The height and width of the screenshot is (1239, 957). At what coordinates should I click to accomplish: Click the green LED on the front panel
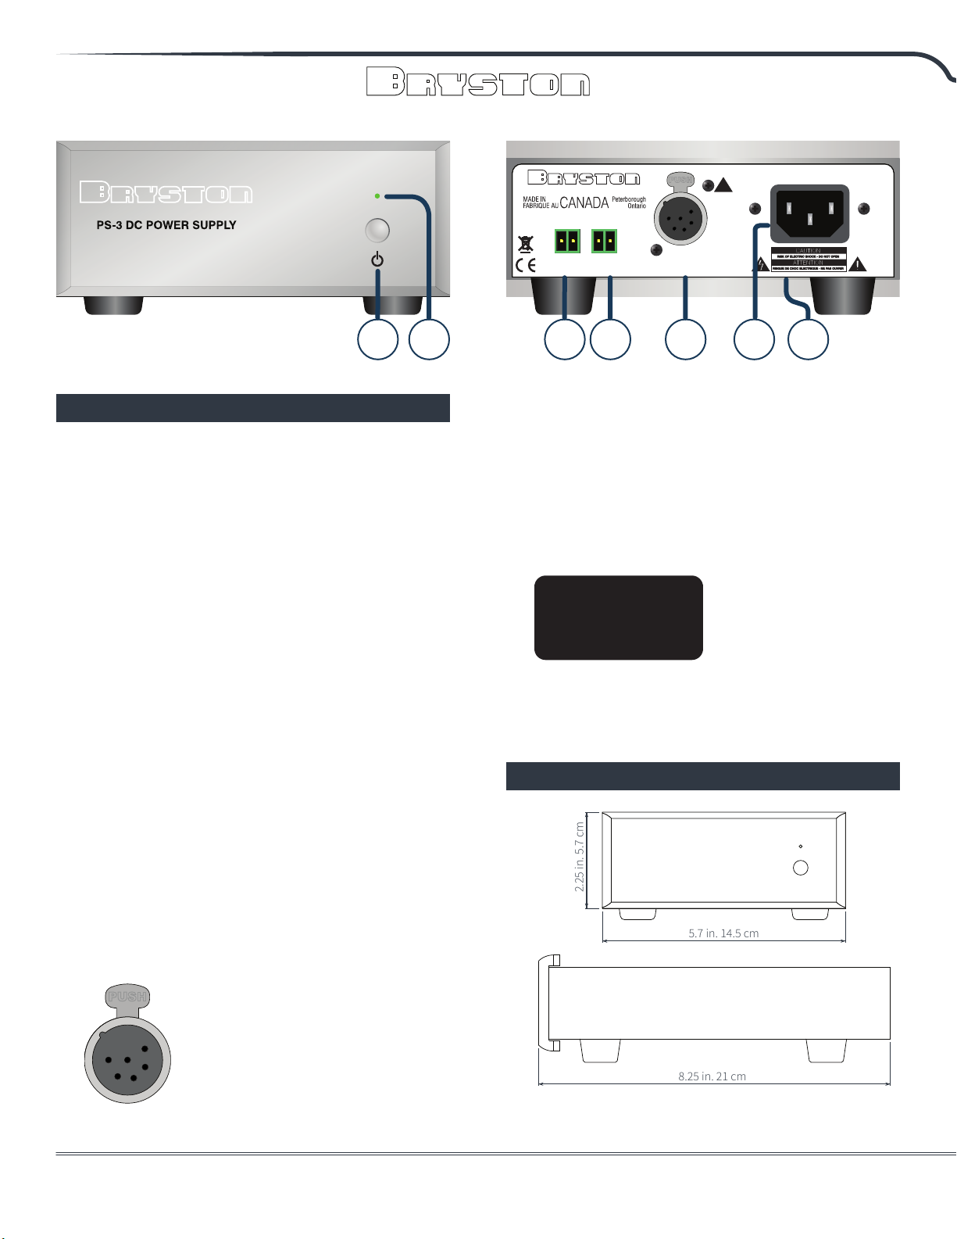[x=377, y=195]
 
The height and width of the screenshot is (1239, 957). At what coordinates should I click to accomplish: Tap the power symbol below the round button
[x=377, y=260]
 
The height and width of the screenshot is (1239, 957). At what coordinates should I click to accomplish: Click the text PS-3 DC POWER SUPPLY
[x=166, y=225]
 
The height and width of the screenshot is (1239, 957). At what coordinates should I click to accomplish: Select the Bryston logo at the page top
[x=478, y=82]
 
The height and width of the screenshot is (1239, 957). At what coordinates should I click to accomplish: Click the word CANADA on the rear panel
[x=584, y=203]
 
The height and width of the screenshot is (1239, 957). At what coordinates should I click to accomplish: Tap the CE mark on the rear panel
[x=526, y=264]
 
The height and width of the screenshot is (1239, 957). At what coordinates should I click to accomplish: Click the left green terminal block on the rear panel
[x=566, y=241]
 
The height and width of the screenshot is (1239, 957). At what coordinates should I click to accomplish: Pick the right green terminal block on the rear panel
[x=604, y=241]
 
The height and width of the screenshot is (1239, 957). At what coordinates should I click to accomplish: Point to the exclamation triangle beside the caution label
[x=859, y=264]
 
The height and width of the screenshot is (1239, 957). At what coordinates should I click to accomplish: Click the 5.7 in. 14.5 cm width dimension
[x=723, y=933]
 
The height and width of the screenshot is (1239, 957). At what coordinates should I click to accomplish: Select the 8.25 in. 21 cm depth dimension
[x=712, y=1076]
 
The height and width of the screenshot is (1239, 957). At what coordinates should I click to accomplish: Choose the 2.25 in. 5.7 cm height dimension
[x=580, y=857]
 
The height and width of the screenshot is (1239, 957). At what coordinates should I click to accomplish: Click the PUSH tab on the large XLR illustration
[x=127, y=997]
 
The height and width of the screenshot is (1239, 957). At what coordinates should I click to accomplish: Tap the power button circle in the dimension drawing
[x=800, y=868]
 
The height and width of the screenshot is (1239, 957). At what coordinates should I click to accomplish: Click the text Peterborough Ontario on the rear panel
[x=629, y=202]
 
